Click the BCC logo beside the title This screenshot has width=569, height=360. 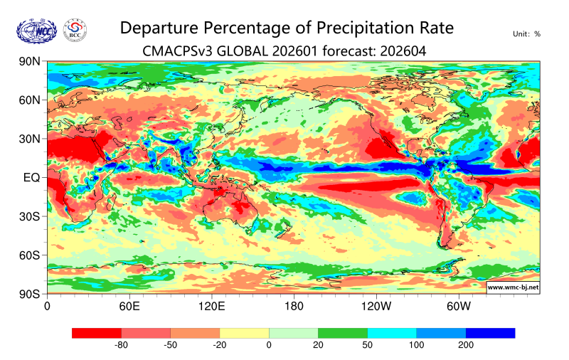(75, 30)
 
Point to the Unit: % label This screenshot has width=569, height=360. (526, 33)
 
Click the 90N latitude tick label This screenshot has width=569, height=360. (29, 62)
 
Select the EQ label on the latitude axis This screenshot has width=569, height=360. (31, 177)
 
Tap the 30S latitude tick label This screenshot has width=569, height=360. (29, 216)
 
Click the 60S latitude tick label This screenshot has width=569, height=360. (29, 255)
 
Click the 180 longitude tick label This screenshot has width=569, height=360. (294, 307)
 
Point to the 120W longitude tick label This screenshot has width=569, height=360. (376, 307)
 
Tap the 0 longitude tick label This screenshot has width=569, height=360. (47, 307)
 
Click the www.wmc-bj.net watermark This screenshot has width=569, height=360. (512, 287)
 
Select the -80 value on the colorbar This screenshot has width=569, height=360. (121, 345)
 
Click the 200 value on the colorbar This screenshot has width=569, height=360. (466, 345)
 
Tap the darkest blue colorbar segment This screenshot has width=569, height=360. (490, 332)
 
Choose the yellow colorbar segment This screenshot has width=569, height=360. (244, 332)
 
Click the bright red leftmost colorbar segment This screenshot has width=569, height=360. (97, 332)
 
